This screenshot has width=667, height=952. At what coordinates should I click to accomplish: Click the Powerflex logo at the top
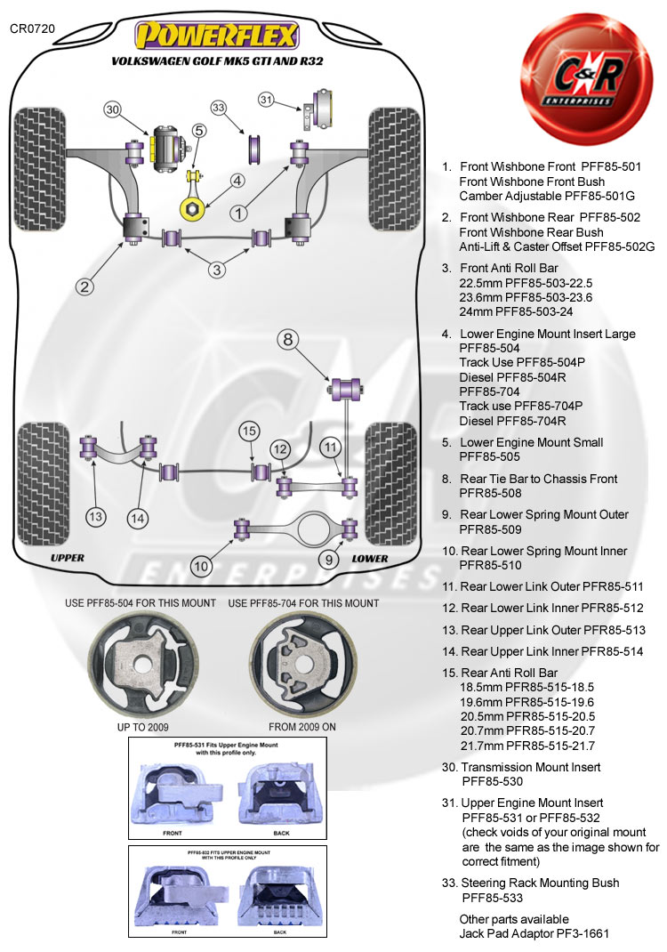(217, 36)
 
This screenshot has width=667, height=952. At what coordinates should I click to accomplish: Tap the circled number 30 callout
(112, 109)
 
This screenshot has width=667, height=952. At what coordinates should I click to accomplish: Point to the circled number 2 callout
(84, 286)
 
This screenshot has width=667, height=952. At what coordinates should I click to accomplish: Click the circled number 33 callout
(219, 108)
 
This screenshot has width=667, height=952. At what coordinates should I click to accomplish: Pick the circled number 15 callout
(249, 432)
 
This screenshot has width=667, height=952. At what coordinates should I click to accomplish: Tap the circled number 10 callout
(202, 565)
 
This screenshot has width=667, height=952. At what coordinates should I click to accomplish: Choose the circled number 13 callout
(95, 515)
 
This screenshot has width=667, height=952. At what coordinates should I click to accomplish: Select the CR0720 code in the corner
(32, 28)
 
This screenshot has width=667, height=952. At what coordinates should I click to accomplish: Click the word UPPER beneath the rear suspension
(68, 558)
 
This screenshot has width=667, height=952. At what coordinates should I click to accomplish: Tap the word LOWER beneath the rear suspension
(370, 559)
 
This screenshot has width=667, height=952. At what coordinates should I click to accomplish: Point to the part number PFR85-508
(492, 493)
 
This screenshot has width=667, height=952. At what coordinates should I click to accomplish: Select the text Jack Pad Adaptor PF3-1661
(534, 933)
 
